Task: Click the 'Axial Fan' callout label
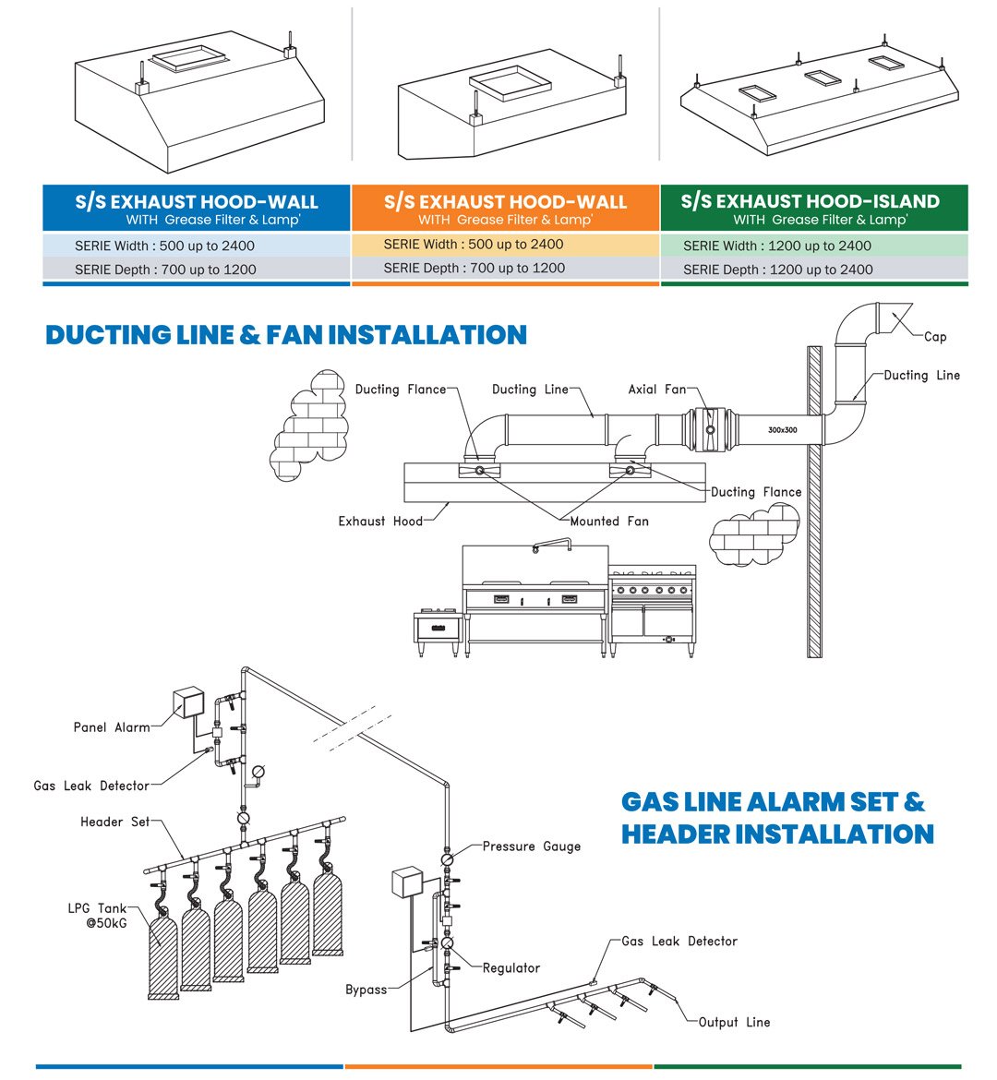point(657,390)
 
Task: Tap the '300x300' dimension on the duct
point(782,430)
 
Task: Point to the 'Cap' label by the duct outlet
point(935,337)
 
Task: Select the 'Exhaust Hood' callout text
point(380,522)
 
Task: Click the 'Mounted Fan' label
point(609,522)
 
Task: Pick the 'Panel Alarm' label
point(112,727)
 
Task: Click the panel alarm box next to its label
point(189,702)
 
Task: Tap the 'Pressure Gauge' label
point(532,846)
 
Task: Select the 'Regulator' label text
point(511,967)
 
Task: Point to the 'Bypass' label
point(366,990)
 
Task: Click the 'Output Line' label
point(734,1022)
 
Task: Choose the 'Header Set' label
point(115,822)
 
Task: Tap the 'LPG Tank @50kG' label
point(97,916)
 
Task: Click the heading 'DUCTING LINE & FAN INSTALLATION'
point(286,334)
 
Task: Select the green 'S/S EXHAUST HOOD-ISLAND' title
point(811,201)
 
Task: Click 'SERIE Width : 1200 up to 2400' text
point(777,246)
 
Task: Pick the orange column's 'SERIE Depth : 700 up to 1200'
point(474,268)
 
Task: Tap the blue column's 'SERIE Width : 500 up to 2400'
point(165,246)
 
